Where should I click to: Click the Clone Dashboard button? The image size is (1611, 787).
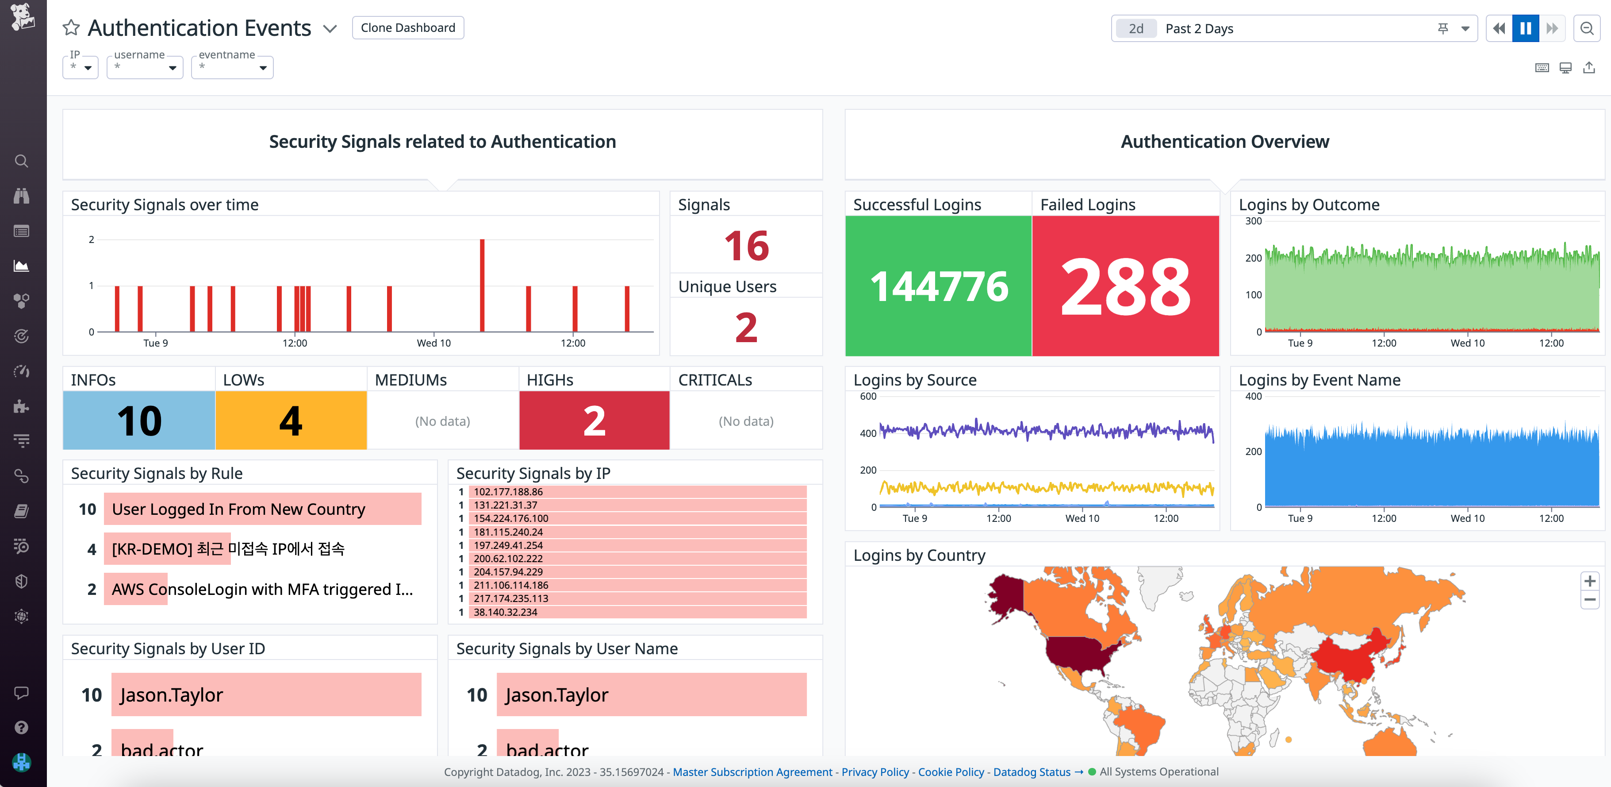408,27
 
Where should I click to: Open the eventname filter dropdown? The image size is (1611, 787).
232,67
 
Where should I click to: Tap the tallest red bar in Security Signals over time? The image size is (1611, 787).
482,285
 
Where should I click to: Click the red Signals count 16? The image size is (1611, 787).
746,246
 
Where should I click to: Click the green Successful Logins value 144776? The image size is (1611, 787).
938,286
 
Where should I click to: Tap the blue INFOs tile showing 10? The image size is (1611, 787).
139,421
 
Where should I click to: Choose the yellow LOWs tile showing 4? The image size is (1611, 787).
291,421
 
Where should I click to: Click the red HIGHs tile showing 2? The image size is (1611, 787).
594,421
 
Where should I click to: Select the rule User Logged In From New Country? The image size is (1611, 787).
238,509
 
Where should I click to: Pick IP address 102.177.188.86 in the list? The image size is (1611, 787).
508,492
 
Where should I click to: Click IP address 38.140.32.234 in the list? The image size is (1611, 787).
505,612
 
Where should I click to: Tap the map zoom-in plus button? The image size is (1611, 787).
1589,581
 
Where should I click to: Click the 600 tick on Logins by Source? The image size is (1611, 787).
868,396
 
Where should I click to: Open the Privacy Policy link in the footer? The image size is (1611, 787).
875,772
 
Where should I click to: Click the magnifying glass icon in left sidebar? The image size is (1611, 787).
22,162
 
